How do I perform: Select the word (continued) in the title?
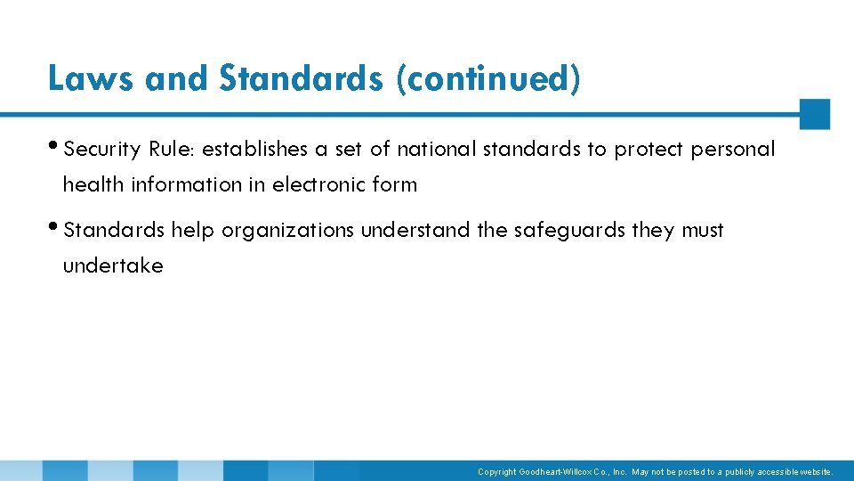(489, 78)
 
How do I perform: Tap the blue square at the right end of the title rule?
(814, 114)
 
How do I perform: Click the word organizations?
(287, 231)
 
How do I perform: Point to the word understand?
(415, 231)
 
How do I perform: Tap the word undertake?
(113, 266)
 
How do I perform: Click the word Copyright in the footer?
(496, 472)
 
